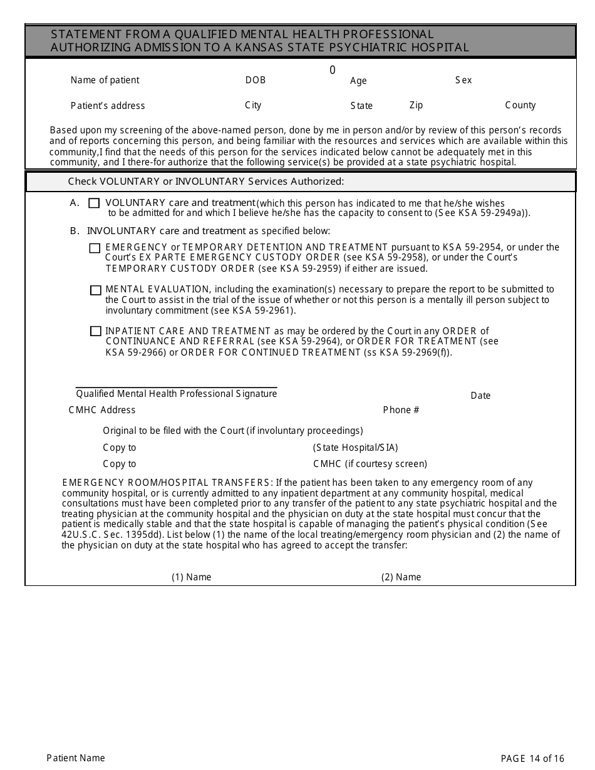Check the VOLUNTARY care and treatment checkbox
(94, 203)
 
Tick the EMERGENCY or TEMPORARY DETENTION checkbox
(95, 249)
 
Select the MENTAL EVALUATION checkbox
(95, 290)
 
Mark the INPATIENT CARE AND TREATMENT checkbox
(95, 331)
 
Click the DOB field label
(255, 80)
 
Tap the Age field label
(358, 81)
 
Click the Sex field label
(463, 80)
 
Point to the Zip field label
(416, 105)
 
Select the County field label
(520, 105)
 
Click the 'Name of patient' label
(105, 80)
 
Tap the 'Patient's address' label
(107, 106)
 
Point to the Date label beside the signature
(480, 396)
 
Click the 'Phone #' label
(401, 410)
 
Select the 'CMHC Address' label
(101, 410)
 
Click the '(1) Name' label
(191, 577)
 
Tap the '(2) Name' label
(401, 577)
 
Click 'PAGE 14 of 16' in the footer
(532, 759)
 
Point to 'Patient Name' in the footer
(76, 758)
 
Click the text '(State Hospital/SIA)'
(355, 448)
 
